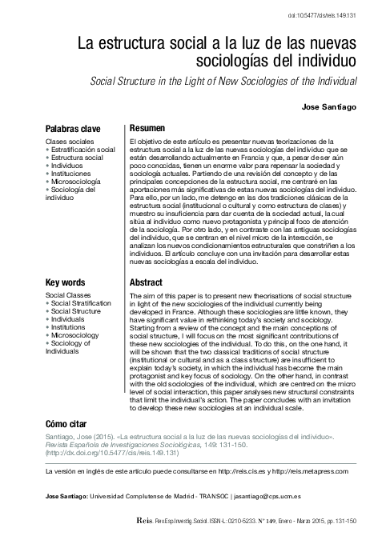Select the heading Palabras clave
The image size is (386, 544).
[x=72, y=128]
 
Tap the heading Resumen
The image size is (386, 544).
[x=147, y=128]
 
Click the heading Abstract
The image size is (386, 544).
[x=146, y=283]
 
